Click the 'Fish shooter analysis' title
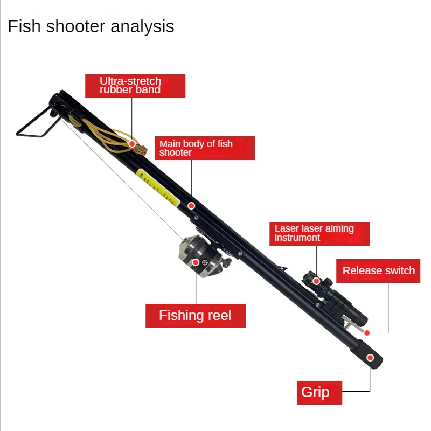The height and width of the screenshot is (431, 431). pyautogui.click(x=91, y=26)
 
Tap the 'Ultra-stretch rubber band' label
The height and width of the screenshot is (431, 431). pyautogui.click(x=135, y=86)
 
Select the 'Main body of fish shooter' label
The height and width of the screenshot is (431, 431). pyautogui.click(x=205, y=148)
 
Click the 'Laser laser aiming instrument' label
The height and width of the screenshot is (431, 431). pyautogui.click(x=319, y=233)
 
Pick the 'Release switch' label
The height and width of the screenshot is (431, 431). pyautogui.click(x=379, y=270)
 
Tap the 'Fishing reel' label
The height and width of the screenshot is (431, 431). pyautogui.click(x=195, y=315)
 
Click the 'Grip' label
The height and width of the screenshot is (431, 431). pyautogui.click(x=319, y=392)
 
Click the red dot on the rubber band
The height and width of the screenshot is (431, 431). pyautogui.click(x=132, y=143)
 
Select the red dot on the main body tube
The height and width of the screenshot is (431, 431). pyautogui.click(x=191, y=205)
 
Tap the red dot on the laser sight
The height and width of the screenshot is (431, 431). pyautogui.click(x=317, y=281)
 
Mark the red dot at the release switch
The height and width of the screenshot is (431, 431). pyautogui.click(x=367, y=332)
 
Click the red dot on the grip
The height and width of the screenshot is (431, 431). pyautogui.click(x=370, y=357)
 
